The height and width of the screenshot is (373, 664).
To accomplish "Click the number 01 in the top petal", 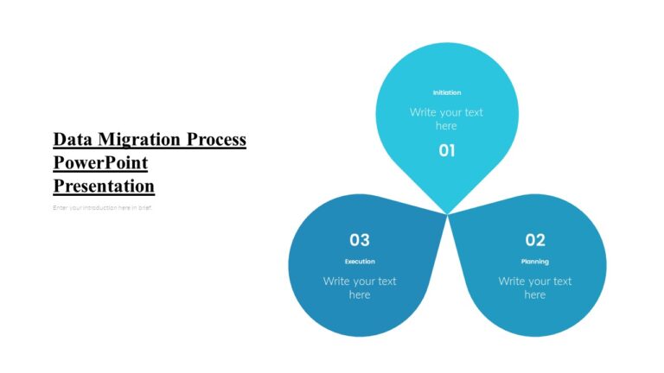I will coord(446,150).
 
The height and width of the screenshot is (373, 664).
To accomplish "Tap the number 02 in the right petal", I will coord(535,239).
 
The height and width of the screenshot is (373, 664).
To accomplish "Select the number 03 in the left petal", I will coord(360,239).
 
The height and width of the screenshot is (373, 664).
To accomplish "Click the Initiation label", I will coord(446,92).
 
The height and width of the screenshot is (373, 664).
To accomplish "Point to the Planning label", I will coord(535,262).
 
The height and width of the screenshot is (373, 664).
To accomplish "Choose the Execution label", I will coord(360,262).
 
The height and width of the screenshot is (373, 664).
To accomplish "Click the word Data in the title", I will coord(73,140).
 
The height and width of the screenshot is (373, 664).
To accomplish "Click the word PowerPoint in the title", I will coord(100,162).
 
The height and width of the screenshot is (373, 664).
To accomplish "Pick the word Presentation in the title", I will coord(104,186).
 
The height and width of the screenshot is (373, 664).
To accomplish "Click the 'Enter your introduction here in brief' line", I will coord(102,207).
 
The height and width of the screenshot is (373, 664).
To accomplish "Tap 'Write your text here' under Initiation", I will coord(446,118).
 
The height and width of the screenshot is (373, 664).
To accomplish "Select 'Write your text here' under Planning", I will coord(535,288).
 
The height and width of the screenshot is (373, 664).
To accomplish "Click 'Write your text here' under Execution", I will coord(360,288).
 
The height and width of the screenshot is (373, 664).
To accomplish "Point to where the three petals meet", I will coord(448,213).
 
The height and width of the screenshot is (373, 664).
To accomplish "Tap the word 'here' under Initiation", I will coord(446,126).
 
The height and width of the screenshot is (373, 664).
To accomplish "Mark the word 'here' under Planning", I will coord(535,295).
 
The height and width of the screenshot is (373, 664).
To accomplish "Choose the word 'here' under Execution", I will coord(360,295).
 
